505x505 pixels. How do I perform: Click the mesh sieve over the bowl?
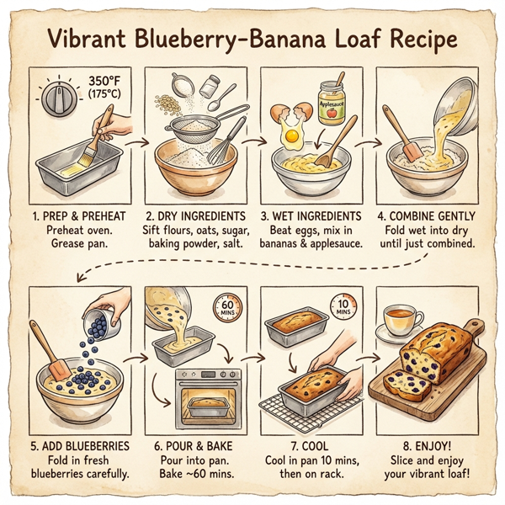click(x=196, y=126)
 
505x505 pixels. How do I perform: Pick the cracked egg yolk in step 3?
click(x=292, y=135)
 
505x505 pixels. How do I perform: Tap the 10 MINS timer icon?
click(x=343, y=307)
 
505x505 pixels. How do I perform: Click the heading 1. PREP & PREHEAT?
click(x=82, y=215)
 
